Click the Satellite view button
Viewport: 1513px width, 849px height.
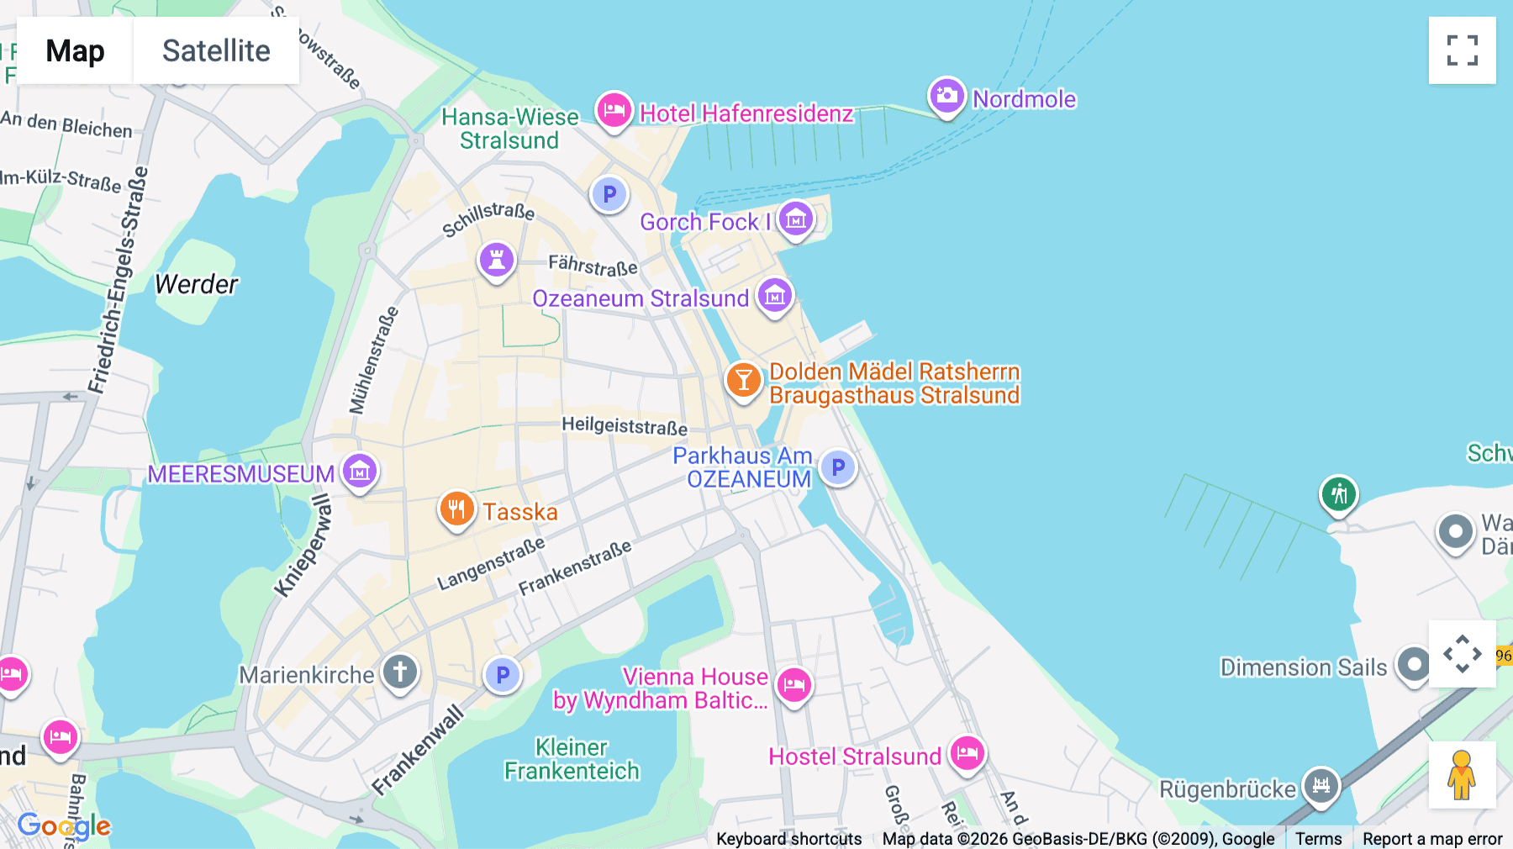216,50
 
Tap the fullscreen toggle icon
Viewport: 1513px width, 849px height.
1462,50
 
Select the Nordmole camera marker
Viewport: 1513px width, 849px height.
946,96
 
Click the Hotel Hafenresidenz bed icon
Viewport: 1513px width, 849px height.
614,110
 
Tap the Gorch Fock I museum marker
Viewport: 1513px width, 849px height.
795,219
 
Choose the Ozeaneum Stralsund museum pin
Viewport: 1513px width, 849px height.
774,296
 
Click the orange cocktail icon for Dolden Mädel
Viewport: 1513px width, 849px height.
743,381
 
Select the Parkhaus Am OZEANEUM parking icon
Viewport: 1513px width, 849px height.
837,467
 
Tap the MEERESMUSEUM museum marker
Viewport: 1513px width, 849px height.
360,472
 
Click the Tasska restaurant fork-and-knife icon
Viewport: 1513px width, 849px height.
456,509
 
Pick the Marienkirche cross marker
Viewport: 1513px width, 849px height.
400,672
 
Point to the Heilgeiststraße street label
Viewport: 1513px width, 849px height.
624,426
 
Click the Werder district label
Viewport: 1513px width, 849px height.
197,284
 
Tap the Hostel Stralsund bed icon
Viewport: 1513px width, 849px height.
967,753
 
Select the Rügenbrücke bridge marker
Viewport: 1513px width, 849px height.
1321,786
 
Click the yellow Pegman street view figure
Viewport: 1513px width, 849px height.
1462,775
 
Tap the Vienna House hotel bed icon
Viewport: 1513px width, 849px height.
793,686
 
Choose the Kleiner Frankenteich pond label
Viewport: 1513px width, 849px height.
572,759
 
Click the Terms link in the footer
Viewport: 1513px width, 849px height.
1318,838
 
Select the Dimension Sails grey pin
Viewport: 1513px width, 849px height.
1413,665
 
